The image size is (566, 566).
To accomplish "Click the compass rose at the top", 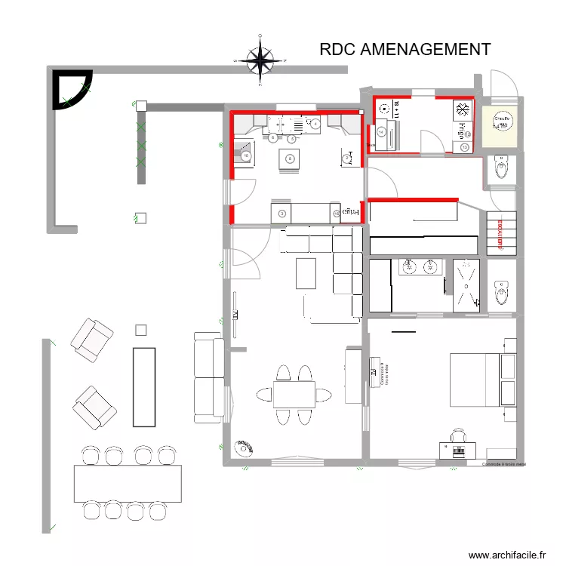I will (260, 60).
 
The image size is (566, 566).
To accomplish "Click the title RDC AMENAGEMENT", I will (405, 50).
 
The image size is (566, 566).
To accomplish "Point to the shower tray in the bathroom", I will (466, 284).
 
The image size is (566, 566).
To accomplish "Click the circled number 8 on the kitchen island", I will (289, 159).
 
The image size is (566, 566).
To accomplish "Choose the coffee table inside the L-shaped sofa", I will (306, 273).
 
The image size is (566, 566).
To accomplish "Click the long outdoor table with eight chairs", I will (128, 483).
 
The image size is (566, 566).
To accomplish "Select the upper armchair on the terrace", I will (92, 337).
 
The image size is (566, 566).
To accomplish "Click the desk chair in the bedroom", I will (459, 435).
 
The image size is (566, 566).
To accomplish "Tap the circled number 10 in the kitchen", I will (245, 156).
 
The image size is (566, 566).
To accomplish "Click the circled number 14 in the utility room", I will (381, 132).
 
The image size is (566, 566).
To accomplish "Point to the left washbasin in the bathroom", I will (410, 266).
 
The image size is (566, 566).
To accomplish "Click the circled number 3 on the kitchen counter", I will (281, 214).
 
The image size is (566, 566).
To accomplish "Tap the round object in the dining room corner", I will (244, 448).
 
